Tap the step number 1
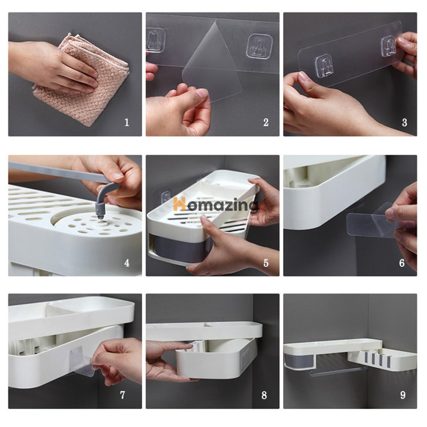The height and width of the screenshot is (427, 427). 126,123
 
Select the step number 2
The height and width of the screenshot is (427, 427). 266,123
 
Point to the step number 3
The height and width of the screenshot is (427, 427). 405,123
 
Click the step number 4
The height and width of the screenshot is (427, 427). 126,263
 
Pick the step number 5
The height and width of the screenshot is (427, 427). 266,263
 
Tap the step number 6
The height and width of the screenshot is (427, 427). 402,263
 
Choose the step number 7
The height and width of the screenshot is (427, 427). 122,395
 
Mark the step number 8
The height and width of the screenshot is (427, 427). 264,395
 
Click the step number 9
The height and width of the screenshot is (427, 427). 403,395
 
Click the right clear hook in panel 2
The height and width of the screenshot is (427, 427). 259,46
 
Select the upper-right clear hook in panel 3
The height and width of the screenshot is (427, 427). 389,46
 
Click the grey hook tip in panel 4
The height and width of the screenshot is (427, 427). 101,216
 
